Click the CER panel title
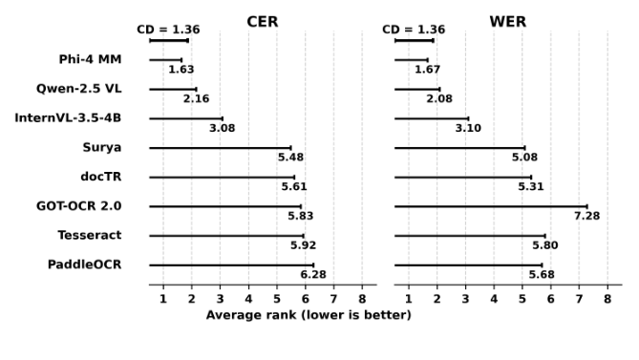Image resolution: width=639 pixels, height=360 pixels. [x=263, y=21]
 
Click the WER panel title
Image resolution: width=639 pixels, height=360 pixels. [x=507, y=21]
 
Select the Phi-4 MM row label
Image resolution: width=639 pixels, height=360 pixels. [x=90, y=60]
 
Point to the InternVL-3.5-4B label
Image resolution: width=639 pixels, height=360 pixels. [x=68, y=118]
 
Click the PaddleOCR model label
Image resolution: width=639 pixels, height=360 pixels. [x=84, y=264]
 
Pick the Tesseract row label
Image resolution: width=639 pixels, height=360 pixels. [x=89, y=235]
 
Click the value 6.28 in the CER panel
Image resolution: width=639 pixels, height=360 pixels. [x=313, y=275]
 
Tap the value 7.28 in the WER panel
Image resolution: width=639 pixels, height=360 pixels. [x=586, y=216]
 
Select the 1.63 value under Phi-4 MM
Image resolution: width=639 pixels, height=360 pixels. [x=181, y=70]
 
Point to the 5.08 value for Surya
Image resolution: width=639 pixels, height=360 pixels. [x=524, y=158]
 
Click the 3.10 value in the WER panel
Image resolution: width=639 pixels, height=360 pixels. [x=468, y=128]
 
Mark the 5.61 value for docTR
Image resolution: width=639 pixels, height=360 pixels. [x=294, y=186]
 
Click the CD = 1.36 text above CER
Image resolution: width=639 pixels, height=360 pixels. [x=168, y=30]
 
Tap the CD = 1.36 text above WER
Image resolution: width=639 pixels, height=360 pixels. [x=414, y=30]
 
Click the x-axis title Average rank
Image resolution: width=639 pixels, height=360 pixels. [x=309, y=315]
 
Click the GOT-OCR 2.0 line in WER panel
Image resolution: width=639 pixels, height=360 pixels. [x=491, y=206]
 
